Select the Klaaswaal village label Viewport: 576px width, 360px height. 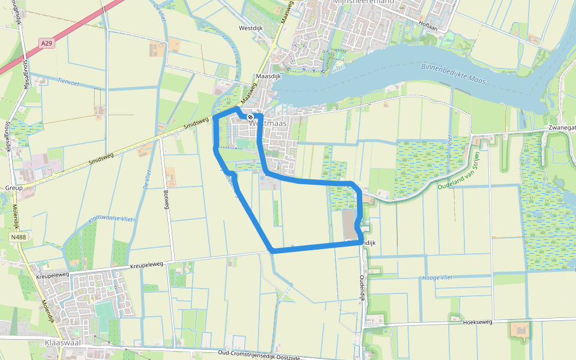tap(63, 342)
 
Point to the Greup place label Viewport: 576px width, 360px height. tap(14, 188)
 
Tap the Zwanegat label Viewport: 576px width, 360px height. tap(561, 128)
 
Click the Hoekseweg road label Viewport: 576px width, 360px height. tap(478, 322)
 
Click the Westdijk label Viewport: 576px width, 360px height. tap(251, 28)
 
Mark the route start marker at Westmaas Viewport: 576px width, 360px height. tap(250, 117)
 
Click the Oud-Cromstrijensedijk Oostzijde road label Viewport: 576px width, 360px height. tap(259, 355)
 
